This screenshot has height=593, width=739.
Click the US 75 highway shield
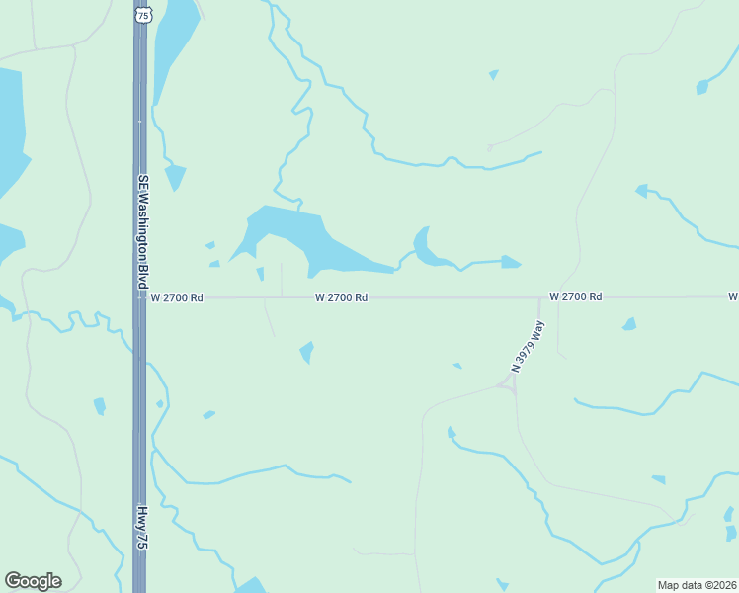[x=144, y=15]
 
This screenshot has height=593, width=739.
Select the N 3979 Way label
[x=527, y=347]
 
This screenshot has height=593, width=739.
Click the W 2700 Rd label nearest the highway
[x=177, y=296]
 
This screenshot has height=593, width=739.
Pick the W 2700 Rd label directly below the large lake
[x=342, y=296]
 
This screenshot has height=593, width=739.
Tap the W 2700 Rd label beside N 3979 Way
[x=575, y=296]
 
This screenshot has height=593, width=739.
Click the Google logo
[x=33, y=581]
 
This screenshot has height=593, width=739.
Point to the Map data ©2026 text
[x=697, y=585]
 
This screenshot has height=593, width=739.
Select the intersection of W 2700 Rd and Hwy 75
[x=140, y=296]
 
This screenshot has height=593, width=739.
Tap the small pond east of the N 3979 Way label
[x=629, y=324]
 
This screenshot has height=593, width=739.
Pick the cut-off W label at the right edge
[x=734, y=296]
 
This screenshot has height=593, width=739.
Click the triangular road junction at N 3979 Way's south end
[x=509, y=386]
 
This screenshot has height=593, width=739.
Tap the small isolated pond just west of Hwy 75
[x=99, y=405]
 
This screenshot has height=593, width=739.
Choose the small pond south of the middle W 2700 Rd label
[x=307, y=351]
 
